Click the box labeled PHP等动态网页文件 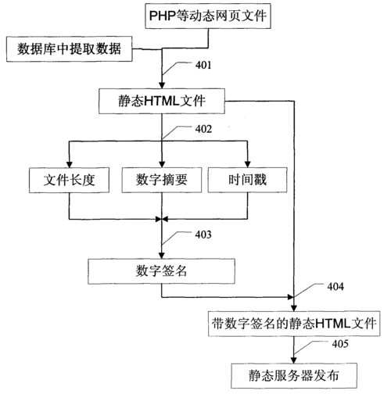click(208, 16)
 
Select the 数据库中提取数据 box click(70, 49)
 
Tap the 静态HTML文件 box click(162, 101)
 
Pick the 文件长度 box click(69, 180)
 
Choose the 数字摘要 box click(162, 180)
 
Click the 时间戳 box click(247, 180)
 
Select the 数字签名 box click(161, 271)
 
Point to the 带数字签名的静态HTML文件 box click(294, 324)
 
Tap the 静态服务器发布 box click(294, 376)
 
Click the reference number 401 click(203, 65)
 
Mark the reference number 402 click(203, 129)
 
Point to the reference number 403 click(203, 235)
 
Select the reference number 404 click(335, 287)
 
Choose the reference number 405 click(340, 344)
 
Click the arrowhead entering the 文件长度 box click(69, 164)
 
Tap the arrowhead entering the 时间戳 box click(248, 164)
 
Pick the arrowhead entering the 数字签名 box click(162, 256)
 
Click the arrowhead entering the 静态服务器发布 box click(294, 360)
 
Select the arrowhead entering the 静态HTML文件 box click(162, 85)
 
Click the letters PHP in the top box click(162, 16)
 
